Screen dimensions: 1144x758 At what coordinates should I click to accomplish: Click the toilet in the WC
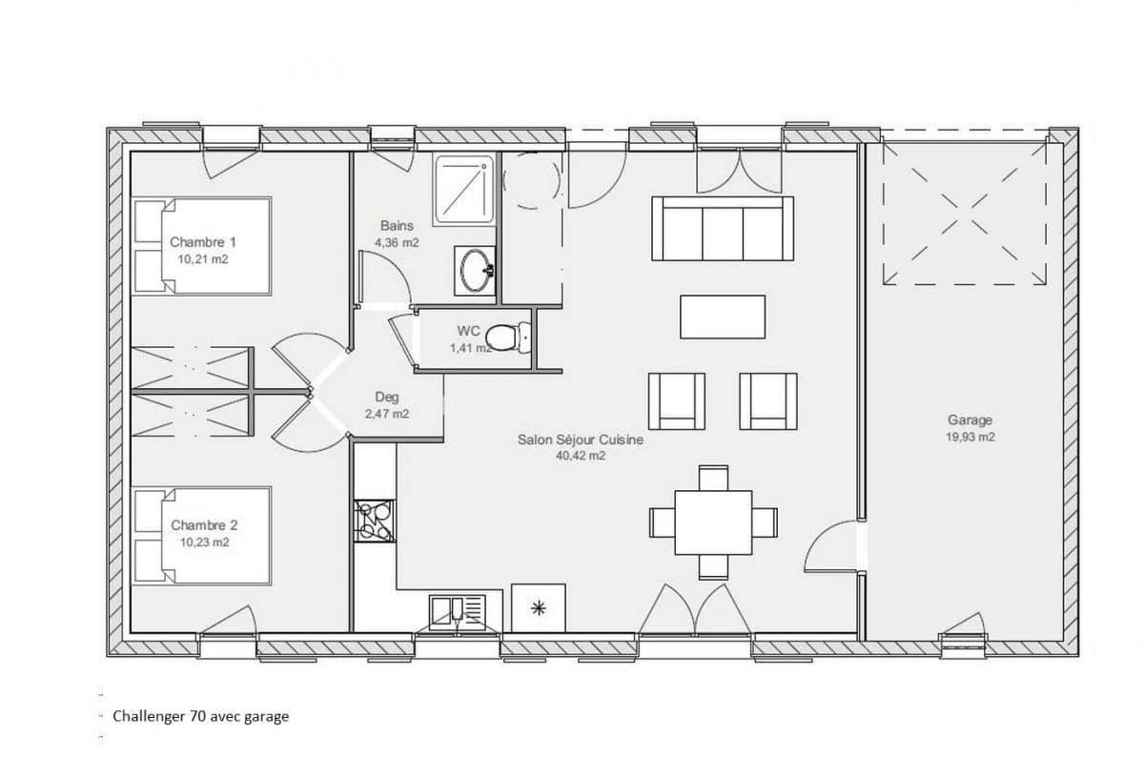coord(508,338)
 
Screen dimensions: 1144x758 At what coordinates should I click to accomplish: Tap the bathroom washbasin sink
coord(475,271)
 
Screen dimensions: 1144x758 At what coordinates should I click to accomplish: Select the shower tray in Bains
coord(464,190)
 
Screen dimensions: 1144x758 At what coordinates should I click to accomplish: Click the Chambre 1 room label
coord(203,241)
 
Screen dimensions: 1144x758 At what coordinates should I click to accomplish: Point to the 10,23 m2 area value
coord(205,542)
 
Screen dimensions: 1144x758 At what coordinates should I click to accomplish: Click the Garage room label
coord(970,420)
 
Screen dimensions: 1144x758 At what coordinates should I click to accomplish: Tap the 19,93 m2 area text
coord(970,438)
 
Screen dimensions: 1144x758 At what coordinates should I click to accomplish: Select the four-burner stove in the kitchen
coord(375,521)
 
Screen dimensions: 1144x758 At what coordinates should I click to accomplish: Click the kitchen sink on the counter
coord(458,612)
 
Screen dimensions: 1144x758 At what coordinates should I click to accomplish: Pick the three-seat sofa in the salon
coord(723,228)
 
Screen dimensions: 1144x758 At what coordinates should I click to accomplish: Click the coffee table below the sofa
coord(723,317)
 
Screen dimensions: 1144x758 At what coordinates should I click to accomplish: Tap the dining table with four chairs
coord(713,522)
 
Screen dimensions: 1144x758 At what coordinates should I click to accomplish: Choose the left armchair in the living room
coord(677,401)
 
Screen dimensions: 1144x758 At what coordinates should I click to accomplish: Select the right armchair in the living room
coord(768,401)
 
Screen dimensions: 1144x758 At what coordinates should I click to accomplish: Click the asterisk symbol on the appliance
coord(539,608)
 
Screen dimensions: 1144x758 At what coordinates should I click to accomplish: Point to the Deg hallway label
coord(387,397)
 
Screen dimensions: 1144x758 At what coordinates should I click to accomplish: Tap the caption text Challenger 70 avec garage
coord(201,717)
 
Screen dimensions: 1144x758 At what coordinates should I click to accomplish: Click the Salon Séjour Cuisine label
coord(581,440)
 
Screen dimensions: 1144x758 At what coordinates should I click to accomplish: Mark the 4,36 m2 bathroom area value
coord(398,242)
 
